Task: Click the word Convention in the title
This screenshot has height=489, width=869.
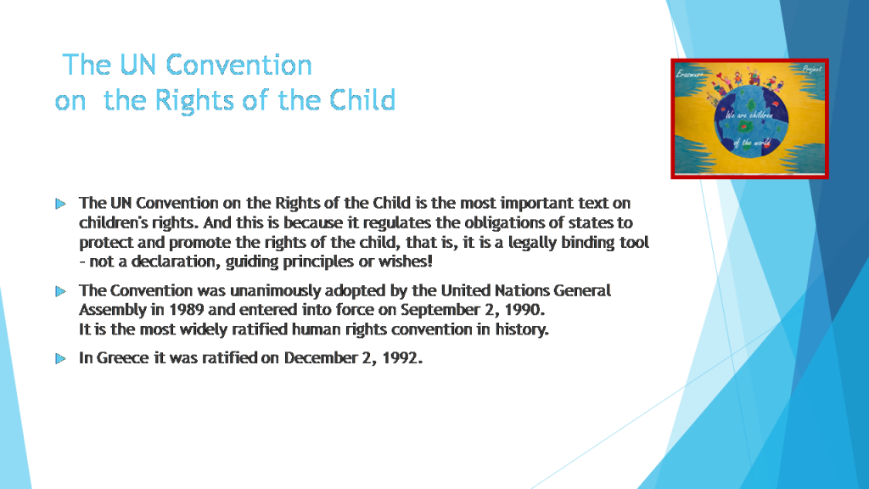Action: pyautogui.click(x=239, y=65)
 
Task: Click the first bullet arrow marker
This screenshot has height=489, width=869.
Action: pyautogui.click(x=60, y=204)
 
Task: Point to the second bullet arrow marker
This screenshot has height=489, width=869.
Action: pyautogui.click(x=60, y=291)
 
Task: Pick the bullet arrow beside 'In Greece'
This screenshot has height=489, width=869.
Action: pyautogui.click(x=60, y=358)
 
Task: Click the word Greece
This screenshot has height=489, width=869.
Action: pyautogui.click(x=122, y=358)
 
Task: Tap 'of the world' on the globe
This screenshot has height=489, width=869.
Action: pyautogui.click(x=751, y=143)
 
